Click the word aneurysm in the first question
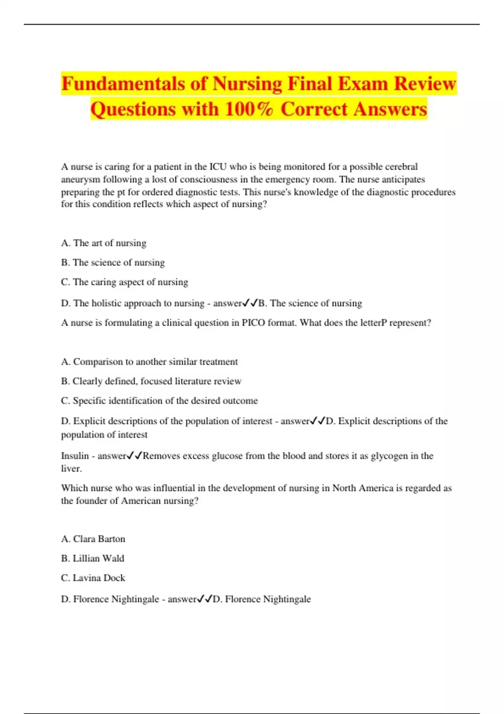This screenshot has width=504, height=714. point(80,180)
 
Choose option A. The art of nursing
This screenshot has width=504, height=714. point(104,243)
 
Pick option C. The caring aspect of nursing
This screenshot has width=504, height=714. point(124,282)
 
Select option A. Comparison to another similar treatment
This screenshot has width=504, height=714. point(149,362)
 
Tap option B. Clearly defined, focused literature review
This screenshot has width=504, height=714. point(151,381)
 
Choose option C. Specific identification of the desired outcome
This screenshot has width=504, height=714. point(159,401)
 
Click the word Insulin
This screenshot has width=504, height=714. point(75,456)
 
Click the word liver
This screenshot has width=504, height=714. point(71,469)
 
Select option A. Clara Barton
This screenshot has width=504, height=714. point(93,539)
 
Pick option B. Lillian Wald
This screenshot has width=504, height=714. point(92,558)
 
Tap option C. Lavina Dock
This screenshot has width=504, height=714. point(93,578)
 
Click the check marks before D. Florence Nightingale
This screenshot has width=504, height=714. point(205,598)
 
